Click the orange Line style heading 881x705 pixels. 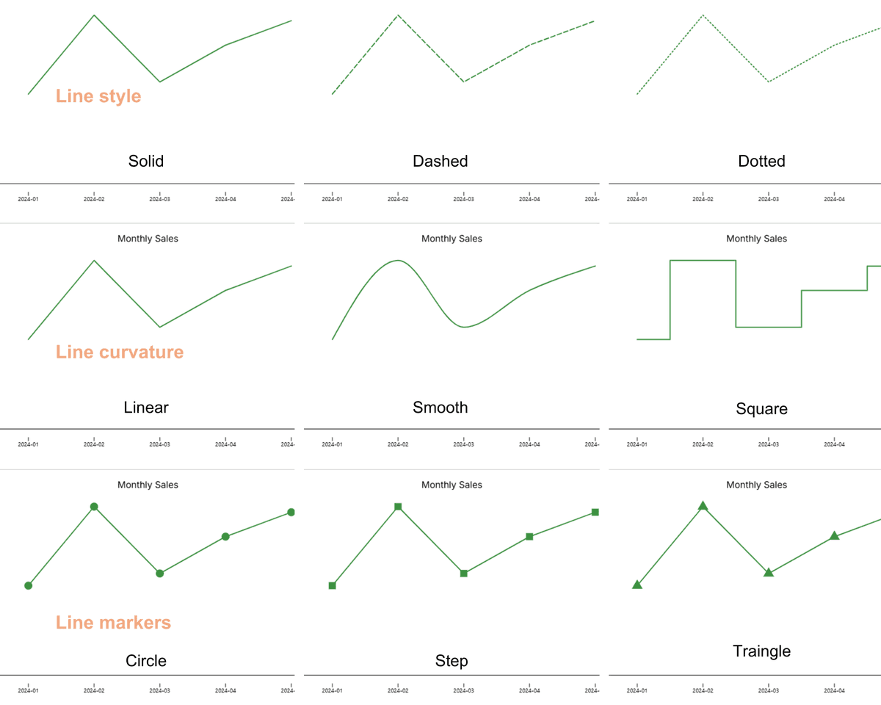click(98, 96)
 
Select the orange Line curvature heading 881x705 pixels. click(120, 352)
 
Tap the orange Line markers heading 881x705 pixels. click(113, 623)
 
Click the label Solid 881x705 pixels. click(146, 161)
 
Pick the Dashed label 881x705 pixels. click(440, 161)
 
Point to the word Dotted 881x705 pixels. click(761, 161)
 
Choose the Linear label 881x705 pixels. click(146, 408)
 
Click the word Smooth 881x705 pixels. click(440, 408)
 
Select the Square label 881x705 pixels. click(761, 408)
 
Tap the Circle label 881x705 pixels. click(146, 661)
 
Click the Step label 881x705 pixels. click(452, 661)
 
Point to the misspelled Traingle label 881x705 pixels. click(761, 651)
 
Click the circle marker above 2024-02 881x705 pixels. click(94, 507)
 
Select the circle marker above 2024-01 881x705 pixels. click(29, 585)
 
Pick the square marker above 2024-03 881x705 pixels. click(464, 573)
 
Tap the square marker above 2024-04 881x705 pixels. click(529, 537)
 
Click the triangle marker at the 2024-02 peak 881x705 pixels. click(703, 505)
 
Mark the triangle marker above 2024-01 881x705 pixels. click(637, 585)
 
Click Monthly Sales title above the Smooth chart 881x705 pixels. click(452, 239)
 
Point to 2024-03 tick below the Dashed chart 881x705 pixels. click(464, 199)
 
